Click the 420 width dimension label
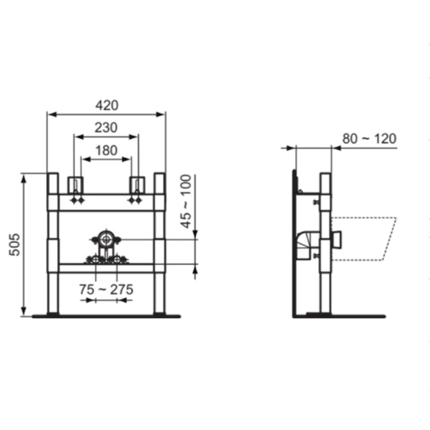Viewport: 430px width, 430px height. pos(107,105)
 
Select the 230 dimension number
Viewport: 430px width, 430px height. pos(106,128)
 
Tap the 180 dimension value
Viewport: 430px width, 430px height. pos(106,150)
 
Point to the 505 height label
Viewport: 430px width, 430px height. pos(15,245)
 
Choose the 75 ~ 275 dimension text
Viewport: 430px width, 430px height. pos(106,290)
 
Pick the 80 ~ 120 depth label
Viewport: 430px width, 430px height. pos(369,139)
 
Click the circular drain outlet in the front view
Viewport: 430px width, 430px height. pos(105,239)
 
